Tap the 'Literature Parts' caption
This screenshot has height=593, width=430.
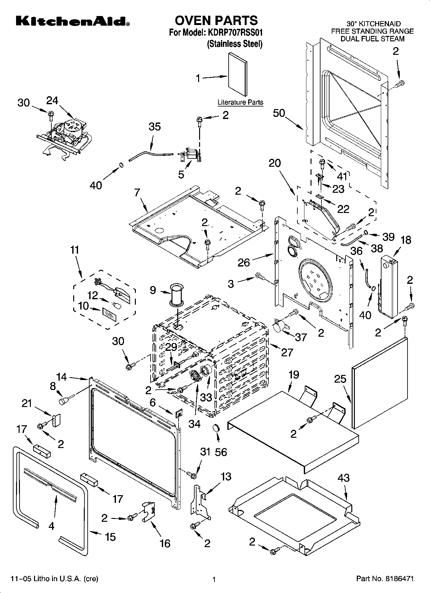pyautogui.click(x=240, y=102)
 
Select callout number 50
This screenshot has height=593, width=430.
pyautogui.click(x=279, y=113)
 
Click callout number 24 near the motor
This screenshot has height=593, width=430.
pyautogui.click(x=52, y=101)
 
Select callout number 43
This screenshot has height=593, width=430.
pyautogui.click(x=343, y=478)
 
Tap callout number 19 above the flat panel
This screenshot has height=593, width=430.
pyautogui.click(x=294, y=374)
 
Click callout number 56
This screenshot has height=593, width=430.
pyautogui.click(x=221, y=452)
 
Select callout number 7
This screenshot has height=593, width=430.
pyautogui.click(x=137, y=193)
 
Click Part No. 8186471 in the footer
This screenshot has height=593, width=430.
pyautogui.click(x=385, y=579)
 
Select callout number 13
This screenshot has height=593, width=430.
pyautogui.click(x=226, y=477)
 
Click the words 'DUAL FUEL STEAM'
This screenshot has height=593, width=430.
pyautogui.click(x=372, y=39)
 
